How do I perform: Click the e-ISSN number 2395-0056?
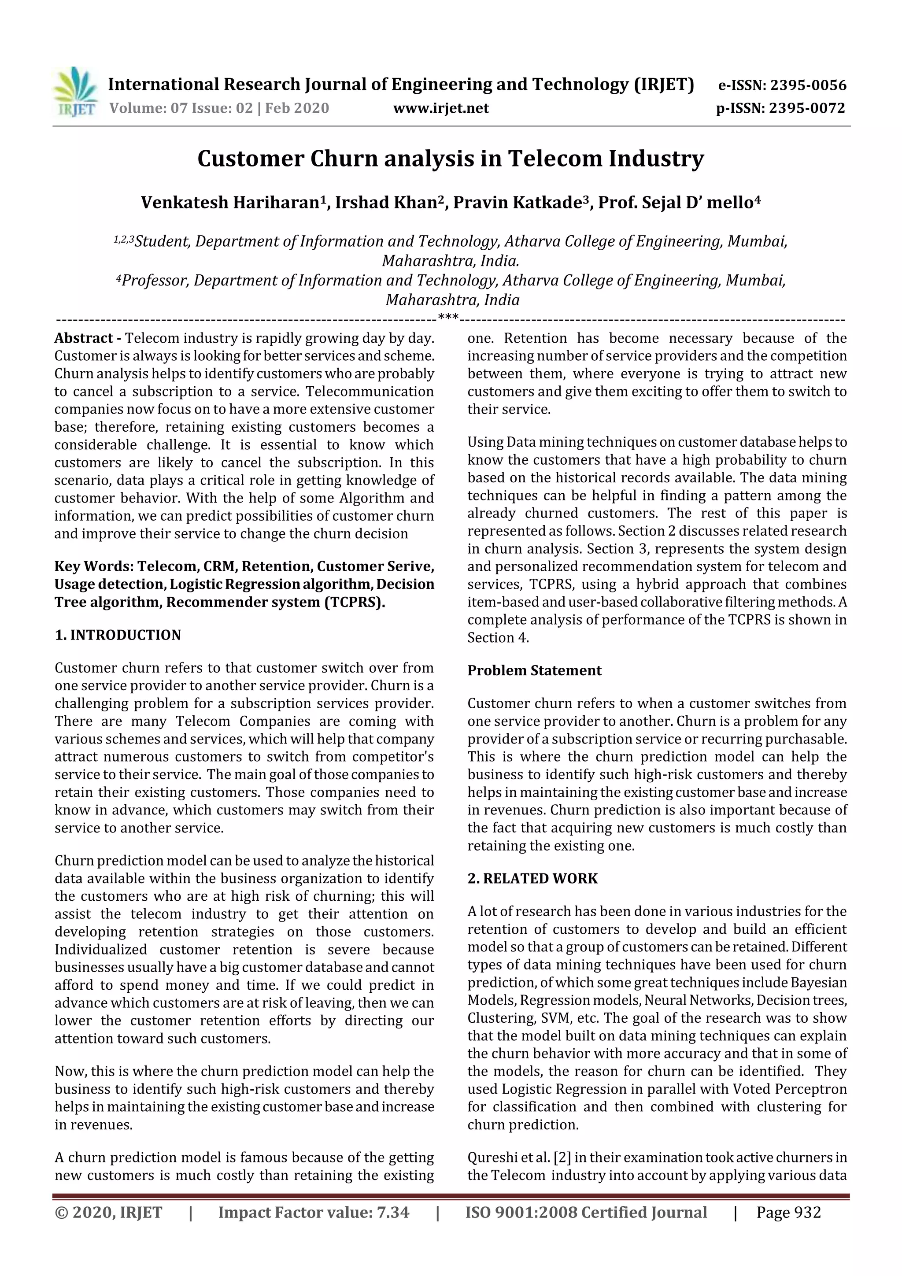pyautogui.click(x=808, y=85)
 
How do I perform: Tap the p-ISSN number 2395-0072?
pyautogui.click(x=806, y=108)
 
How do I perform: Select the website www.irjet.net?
pyautogui.click(x=441, y=108)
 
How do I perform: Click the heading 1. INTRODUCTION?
pyautogui.click(x=118, y=635)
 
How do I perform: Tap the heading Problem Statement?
pyautogui.click(x=534, y=671)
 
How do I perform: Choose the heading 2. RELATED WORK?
pyautogui.click(x=532, y=879)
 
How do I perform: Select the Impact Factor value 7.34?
pyautogui.click(x=390, y=1213)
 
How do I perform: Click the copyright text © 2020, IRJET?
pyautogui.click(x=108, y=1213)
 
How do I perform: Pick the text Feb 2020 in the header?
pyautogui.click(x=297, y=108)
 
